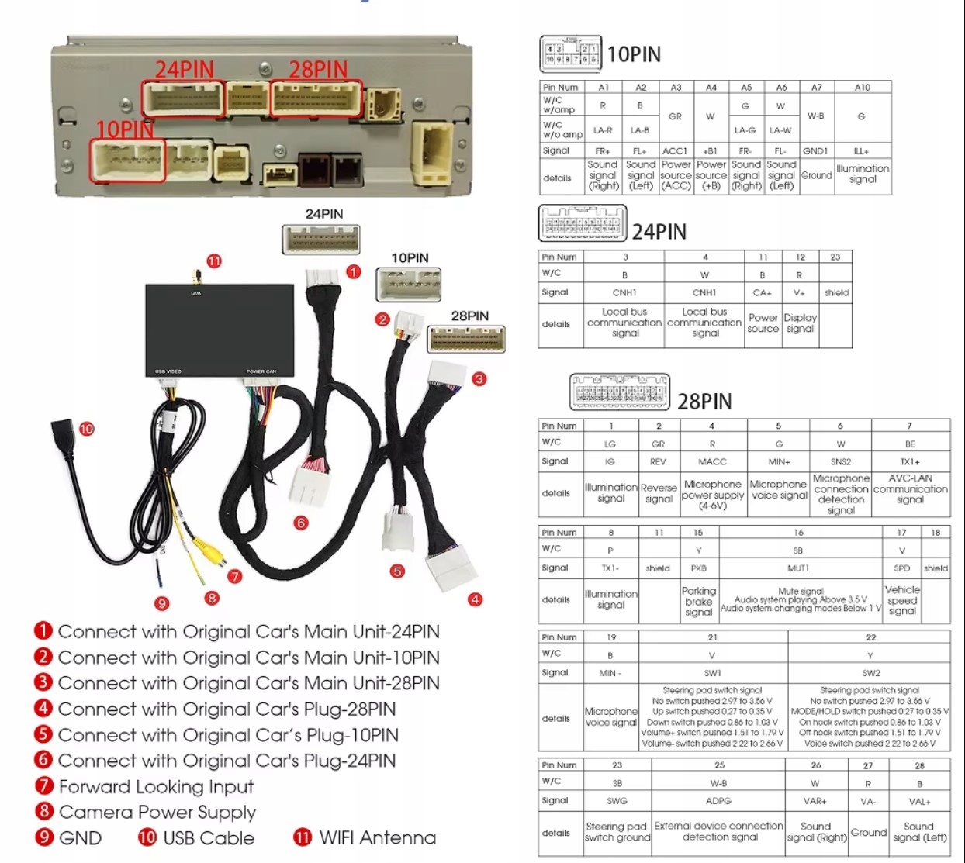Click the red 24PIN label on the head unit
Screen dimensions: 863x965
click(x=184, y=70)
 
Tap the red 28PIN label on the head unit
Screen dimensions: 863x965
click(x=318, y=70)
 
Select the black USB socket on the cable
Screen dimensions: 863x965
click(x=63, y=433)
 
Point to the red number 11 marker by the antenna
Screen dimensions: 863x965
click(x=214, y=261)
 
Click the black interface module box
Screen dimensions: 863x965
click(x=220, y=330)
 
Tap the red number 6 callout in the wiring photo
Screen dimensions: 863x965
click(x=301, y=523)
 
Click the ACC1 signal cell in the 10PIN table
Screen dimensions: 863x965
click(x=675, y=150)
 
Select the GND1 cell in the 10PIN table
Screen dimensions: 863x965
click(x=816, y=150)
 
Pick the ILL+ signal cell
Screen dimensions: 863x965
click(x=862, y=150)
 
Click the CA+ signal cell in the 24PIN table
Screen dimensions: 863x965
click(x=763, y=292)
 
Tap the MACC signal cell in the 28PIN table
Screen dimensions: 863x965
click(x=712, y=461)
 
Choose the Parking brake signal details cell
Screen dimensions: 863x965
click(x=698, y=601)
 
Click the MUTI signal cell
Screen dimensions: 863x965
click(x=799, y=568)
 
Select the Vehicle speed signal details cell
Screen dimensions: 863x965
click(x=902, y=600)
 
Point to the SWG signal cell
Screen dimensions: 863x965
click(x=617, y=800)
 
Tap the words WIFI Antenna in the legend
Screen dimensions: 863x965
click(x=377, y=837)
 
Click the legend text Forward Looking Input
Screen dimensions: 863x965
click(x=156, y=786)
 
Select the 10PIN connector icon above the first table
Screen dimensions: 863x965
click(x=570, y=54)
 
